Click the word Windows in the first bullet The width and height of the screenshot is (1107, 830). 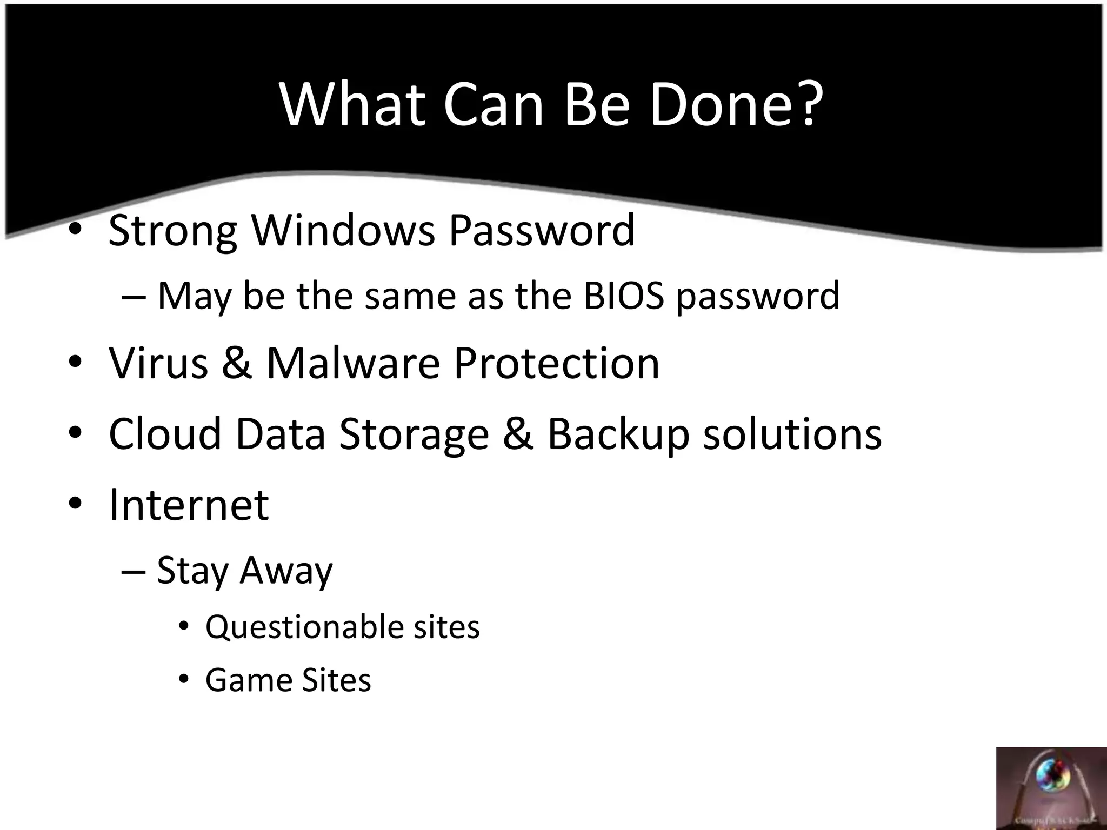point(343,230)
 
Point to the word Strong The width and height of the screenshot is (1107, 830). point(173,231)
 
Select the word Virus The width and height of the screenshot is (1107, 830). point(158,363)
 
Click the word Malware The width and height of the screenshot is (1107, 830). point(354,363)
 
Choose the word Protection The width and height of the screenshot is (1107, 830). point(556,363)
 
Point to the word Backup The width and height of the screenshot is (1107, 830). point(618,435)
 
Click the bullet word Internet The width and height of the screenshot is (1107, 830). point(189,505)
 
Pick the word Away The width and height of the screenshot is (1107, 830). point(286,571)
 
